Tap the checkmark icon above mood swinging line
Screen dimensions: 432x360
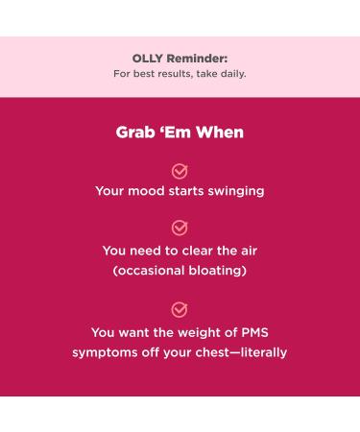pos(180,171)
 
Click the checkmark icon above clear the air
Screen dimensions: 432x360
pos(180,228)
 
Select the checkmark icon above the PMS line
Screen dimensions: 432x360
pos(180,310)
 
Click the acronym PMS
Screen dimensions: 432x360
pos(252,332)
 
